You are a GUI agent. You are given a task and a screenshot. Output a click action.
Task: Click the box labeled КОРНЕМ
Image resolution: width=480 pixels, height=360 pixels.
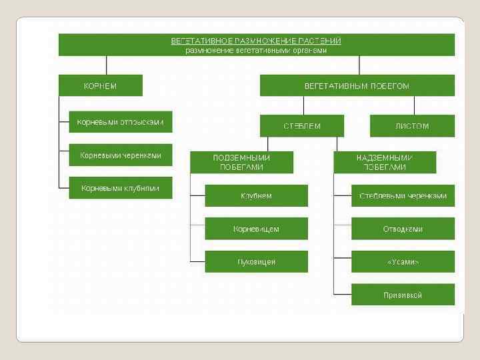(x=101, y=85)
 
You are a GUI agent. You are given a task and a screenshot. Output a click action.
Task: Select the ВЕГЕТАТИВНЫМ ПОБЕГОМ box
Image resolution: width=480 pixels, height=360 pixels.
(x=357, y=85)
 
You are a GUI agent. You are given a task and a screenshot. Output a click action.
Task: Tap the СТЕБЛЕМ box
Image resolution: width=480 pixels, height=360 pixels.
(x=302, y=125)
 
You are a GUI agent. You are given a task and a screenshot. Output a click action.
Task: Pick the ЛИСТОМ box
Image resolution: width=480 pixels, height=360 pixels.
(x=412, y=125)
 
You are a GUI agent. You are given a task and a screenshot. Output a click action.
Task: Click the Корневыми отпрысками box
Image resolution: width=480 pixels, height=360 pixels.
(x=120, y=122)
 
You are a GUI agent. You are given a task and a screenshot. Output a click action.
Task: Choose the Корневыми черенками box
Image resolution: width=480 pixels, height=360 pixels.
(x=120, y=155)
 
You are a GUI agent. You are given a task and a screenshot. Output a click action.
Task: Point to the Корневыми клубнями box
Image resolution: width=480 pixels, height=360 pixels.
(x=120, y=188)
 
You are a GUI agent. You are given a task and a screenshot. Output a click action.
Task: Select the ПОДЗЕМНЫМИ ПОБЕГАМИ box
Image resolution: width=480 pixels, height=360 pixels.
(x=242, y=162)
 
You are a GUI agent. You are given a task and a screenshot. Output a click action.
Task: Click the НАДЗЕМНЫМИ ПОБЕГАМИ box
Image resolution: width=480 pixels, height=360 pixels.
(x=385, y=162)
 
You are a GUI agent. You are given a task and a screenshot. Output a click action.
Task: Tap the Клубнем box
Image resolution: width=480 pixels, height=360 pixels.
(x=256, y=195)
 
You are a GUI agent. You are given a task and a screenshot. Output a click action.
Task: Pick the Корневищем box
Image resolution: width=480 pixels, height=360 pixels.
(x=256, y=229)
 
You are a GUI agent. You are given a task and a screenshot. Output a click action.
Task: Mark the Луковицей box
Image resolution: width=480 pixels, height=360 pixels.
(x=256, y=261)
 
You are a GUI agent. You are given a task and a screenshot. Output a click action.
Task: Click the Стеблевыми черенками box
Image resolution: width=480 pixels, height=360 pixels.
(x=403, y=195)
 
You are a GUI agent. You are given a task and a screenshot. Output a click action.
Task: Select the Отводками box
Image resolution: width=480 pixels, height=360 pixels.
(x=403, y=229)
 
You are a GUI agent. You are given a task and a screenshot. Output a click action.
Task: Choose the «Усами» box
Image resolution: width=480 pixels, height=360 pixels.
(x=403, y=261)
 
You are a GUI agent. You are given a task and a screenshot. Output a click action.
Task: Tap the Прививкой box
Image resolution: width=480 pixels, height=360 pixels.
(x=403, y=295)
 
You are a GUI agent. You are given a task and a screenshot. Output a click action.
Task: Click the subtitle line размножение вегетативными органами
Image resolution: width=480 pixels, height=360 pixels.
(x=256, y=50)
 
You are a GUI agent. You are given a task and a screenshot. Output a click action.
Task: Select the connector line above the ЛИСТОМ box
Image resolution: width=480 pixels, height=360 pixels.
(x=414, y=105)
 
